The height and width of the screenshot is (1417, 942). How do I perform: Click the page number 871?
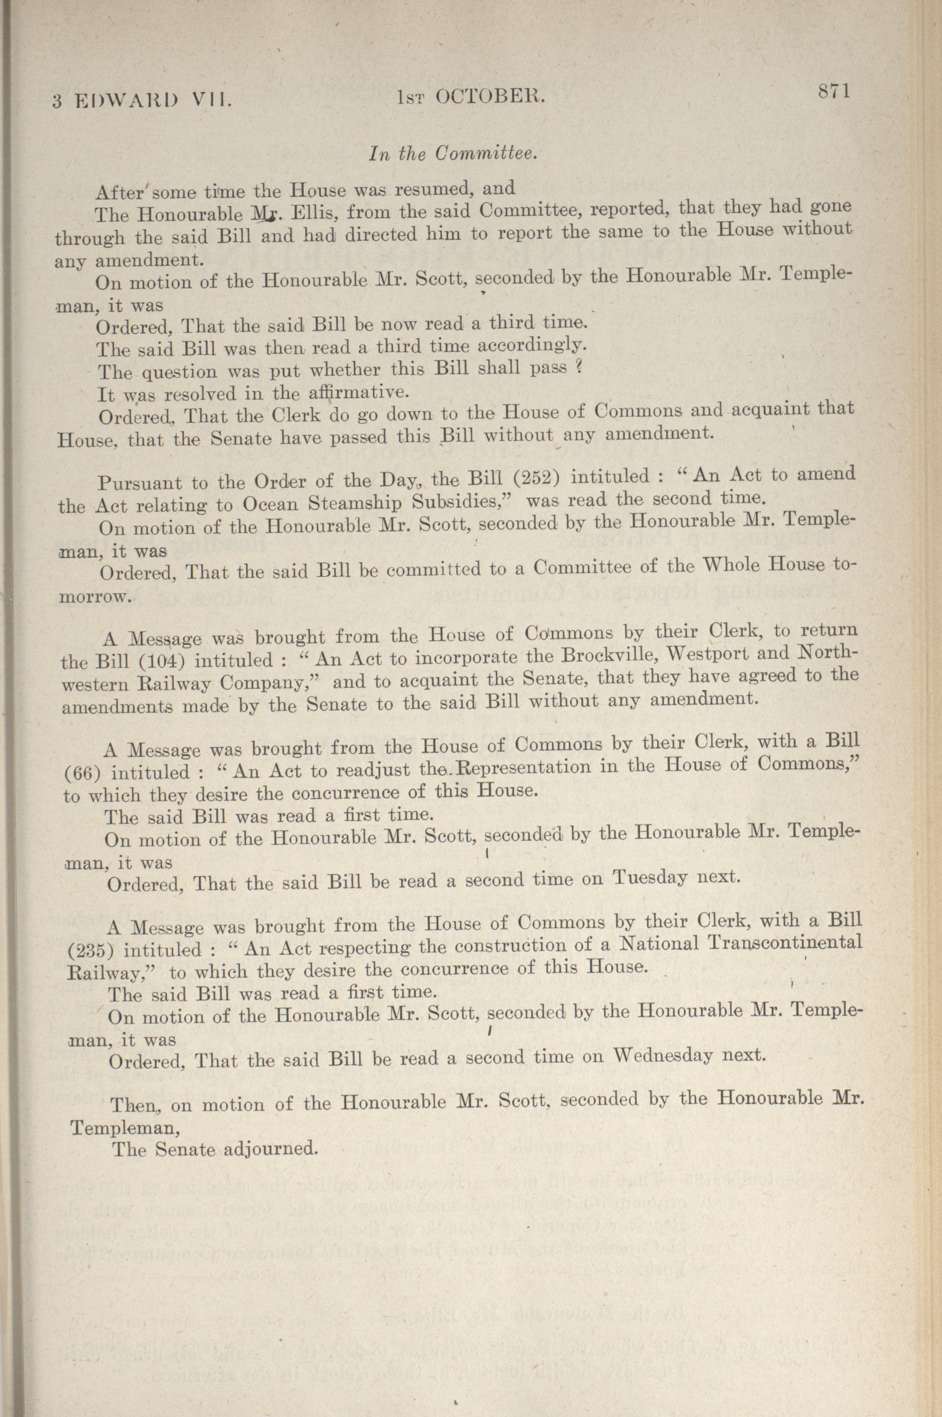tap(832, 92)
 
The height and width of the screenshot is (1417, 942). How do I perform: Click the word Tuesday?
tap(650, 877)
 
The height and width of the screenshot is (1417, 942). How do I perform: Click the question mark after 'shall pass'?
tap(579, 368)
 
